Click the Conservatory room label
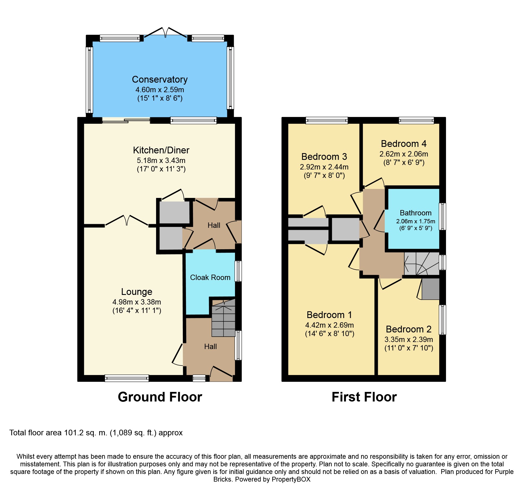pyautogui.click(x=160, y=80)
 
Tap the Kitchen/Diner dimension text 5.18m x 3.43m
pyautogui.click(x=161, y=160)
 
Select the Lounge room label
pyautogui.click(x=137, y=292)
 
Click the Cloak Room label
pyautogui.click(x=210, y=277)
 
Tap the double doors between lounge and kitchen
pyautogui.click(x=126, y=221)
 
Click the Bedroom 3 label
pyautogui.click(x=324, y=156)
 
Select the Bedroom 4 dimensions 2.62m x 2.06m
pyautogui.click(x=403, y=154)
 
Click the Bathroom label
pyautogui.click(x=416, y=213)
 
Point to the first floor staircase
pyautogui.click(x=421, y=264)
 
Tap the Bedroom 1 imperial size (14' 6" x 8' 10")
pyautogui.click(x=330, y=334)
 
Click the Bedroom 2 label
pyautogui.click(x=408, y=329)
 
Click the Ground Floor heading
pyautogui.click(x=160, y=397)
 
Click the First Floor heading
pyautogui.click(x=364, y=397)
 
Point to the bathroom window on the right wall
pyautogui.click(x=443, y=216)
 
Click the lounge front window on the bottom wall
pyautogui.click(x=126, y=378)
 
